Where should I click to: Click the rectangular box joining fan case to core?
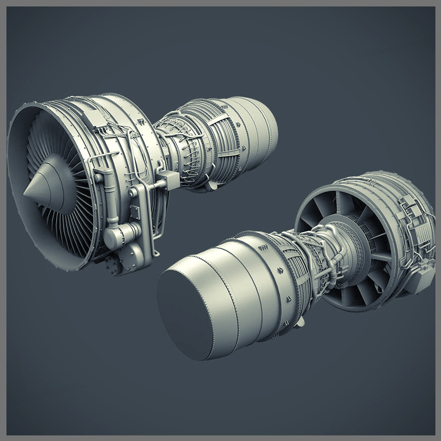[169, 180]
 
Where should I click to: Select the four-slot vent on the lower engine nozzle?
[262, 248]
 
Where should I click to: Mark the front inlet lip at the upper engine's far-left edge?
[10, 172]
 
